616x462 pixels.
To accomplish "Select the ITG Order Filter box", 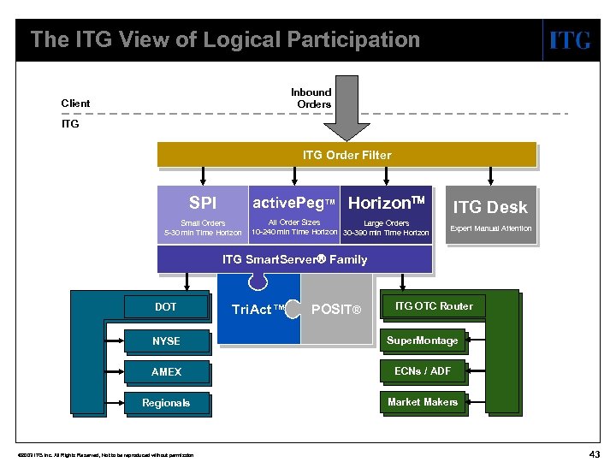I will tap(346, 155).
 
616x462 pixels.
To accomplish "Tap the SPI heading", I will tap(203, 204).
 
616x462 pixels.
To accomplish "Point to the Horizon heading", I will tap(386, 203).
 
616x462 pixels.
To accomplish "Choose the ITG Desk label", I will tap(490, 206).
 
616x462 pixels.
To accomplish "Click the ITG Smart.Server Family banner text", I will tap(294, 259).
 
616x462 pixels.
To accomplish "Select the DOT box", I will tap(166, 306).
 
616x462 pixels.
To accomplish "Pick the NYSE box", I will tap(166, 341).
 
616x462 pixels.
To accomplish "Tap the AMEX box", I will tap(166, 372).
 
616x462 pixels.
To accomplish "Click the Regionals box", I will tap(166, 403).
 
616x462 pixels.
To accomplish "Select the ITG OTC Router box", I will tap(433, 306).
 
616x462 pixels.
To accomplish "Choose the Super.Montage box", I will tap(423, 341).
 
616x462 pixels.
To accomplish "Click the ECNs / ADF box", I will tap(423, 371).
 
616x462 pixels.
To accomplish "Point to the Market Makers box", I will tap(423, 402).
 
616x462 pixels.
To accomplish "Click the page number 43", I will tap(593, 451).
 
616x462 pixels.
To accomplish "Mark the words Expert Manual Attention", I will tap(490, 228).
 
